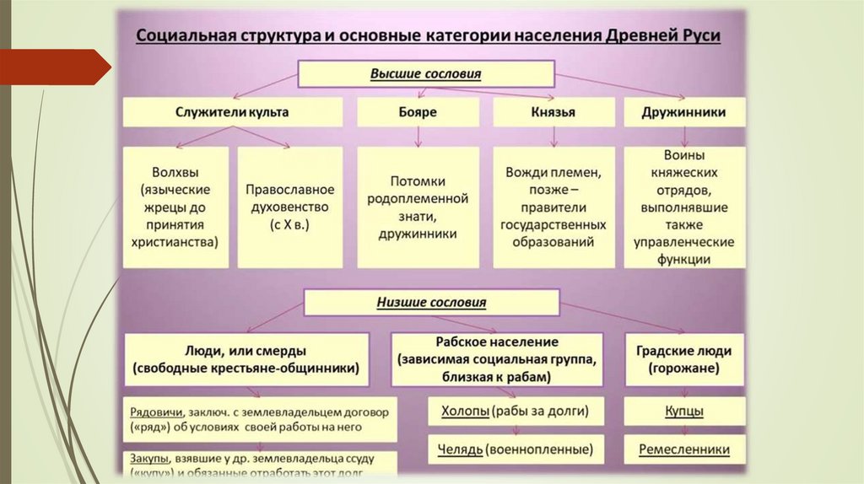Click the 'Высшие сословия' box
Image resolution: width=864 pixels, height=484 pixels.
tap(425, 74)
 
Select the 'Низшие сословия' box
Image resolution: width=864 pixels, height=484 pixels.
tap(431, 302)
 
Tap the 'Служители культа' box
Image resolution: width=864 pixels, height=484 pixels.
tap(232, 112)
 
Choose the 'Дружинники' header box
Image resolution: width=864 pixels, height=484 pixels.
tap(683, 112)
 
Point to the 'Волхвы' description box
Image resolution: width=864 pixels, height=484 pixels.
tap(175, 207)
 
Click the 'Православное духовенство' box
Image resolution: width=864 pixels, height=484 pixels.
tap(290, 207)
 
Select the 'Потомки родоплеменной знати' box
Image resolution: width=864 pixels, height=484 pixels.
tap(418, 207)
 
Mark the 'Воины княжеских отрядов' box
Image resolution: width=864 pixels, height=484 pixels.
tap(684, 207)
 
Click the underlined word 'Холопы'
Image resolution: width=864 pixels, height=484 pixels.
tap(465, 411)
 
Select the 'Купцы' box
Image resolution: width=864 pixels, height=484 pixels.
tap(683, 411)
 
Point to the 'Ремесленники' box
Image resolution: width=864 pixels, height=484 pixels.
tap(683, 449)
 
